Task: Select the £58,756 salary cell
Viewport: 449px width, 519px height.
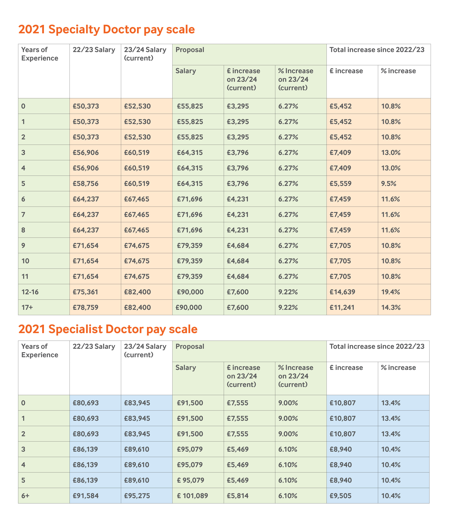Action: [x=86, y=184]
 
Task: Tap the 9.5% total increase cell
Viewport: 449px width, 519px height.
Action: [x=389, y=184]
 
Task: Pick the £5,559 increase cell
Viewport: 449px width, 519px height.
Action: [x=340, y=184]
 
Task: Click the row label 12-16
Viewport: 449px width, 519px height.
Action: [x=30, y=292]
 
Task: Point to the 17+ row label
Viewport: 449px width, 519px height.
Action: [x=27, y=307]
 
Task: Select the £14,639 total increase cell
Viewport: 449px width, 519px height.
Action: [x=342, y=292]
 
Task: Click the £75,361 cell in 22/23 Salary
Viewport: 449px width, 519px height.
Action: [x=85, y=292]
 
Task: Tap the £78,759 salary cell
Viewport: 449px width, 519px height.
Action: [x=86, y=307]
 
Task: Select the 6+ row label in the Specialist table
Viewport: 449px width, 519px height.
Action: [x=25, y=496]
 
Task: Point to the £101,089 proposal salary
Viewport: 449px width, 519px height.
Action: [x=192, y=496]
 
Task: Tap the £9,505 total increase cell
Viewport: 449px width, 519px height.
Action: [x=340, y=496]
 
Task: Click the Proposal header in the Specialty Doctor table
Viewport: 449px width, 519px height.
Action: [x=190, y=50]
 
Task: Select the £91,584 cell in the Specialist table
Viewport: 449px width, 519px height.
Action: [x=86, y=496]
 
